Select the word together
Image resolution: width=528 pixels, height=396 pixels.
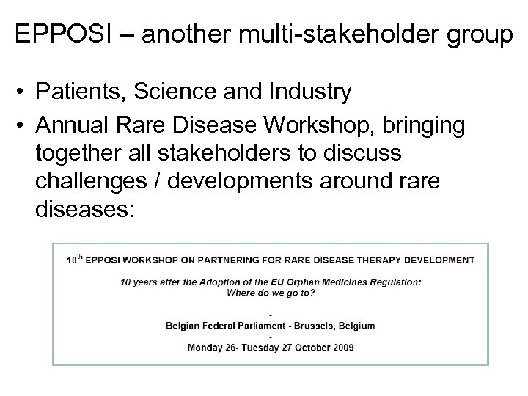point(81,155)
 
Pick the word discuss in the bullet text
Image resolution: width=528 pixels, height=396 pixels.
point(362,155)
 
